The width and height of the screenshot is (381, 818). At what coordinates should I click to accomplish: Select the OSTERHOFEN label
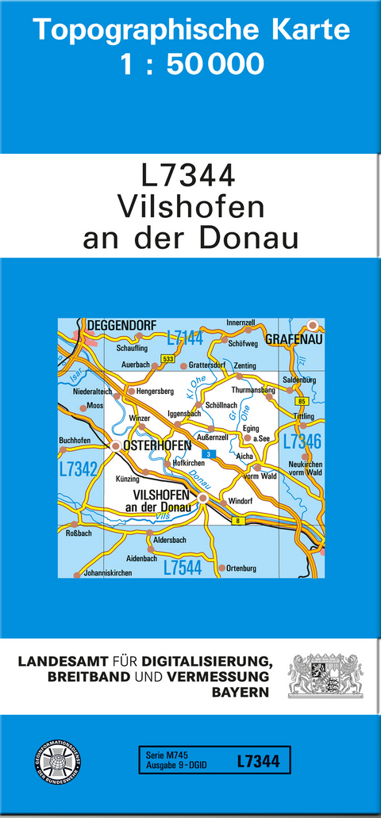157,445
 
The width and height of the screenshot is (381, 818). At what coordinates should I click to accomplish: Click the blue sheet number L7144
185,339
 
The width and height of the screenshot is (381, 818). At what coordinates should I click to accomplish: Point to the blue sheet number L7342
78,469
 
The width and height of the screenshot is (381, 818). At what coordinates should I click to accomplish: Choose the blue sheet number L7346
302,442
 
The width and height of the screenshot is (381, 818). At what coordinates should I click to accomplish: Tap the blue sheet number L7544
184,568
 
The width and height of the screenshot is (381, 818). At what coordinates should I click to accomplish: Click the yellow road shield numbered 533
167,359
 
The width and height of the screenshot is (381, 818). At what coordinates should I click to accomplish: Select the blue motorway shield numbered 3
209,453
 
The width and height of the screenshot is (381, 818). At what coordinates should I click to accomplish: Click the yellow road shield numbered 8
237,520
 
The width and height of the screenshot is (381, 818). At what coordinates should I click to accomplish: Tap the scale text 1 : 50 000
191,64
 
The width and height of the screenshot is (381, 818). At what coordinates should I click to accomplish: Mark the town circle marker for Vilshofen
203,499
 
